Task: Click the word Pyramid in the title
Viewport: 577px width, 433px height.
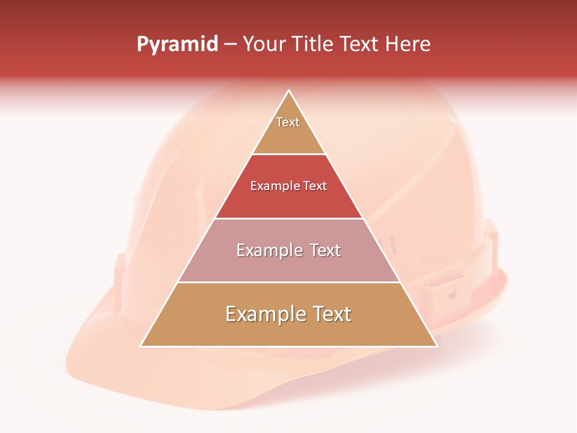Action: coord(177,45)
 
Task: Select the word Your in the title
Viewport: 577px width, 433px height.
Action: coord(264,45)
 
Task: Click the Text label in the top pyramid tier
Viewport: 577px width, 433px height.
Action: coord(288,122)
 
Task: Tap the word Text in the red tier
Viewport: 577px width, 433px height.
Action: coord(315,186)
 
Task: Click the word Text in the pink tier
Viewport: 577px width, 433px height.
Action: coord(325,250)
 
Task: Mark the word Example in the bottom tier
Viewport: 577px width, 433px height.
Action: coord(264,314)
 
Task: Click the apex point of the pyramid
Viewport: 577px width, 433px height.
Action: coord(289,91)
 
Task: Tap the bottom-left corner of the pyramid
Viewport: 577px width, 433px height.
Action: coord(141,346)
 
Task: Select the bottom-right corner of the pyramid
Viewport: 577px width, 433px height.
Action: coord(436,346)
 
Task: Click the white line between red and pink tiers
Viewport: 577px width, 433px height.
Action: coord(289,218)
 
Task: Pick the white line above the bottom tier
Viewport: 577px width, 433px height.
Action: coord(289,282)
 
